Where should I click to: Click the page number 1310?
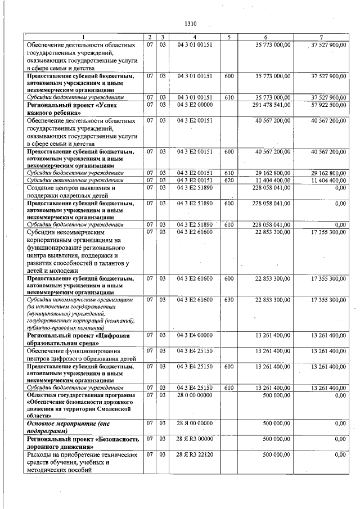pos(190,24)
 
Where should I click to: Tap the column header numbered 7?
pos(321,37)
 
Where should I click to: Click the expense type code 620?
pos(229,180)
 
